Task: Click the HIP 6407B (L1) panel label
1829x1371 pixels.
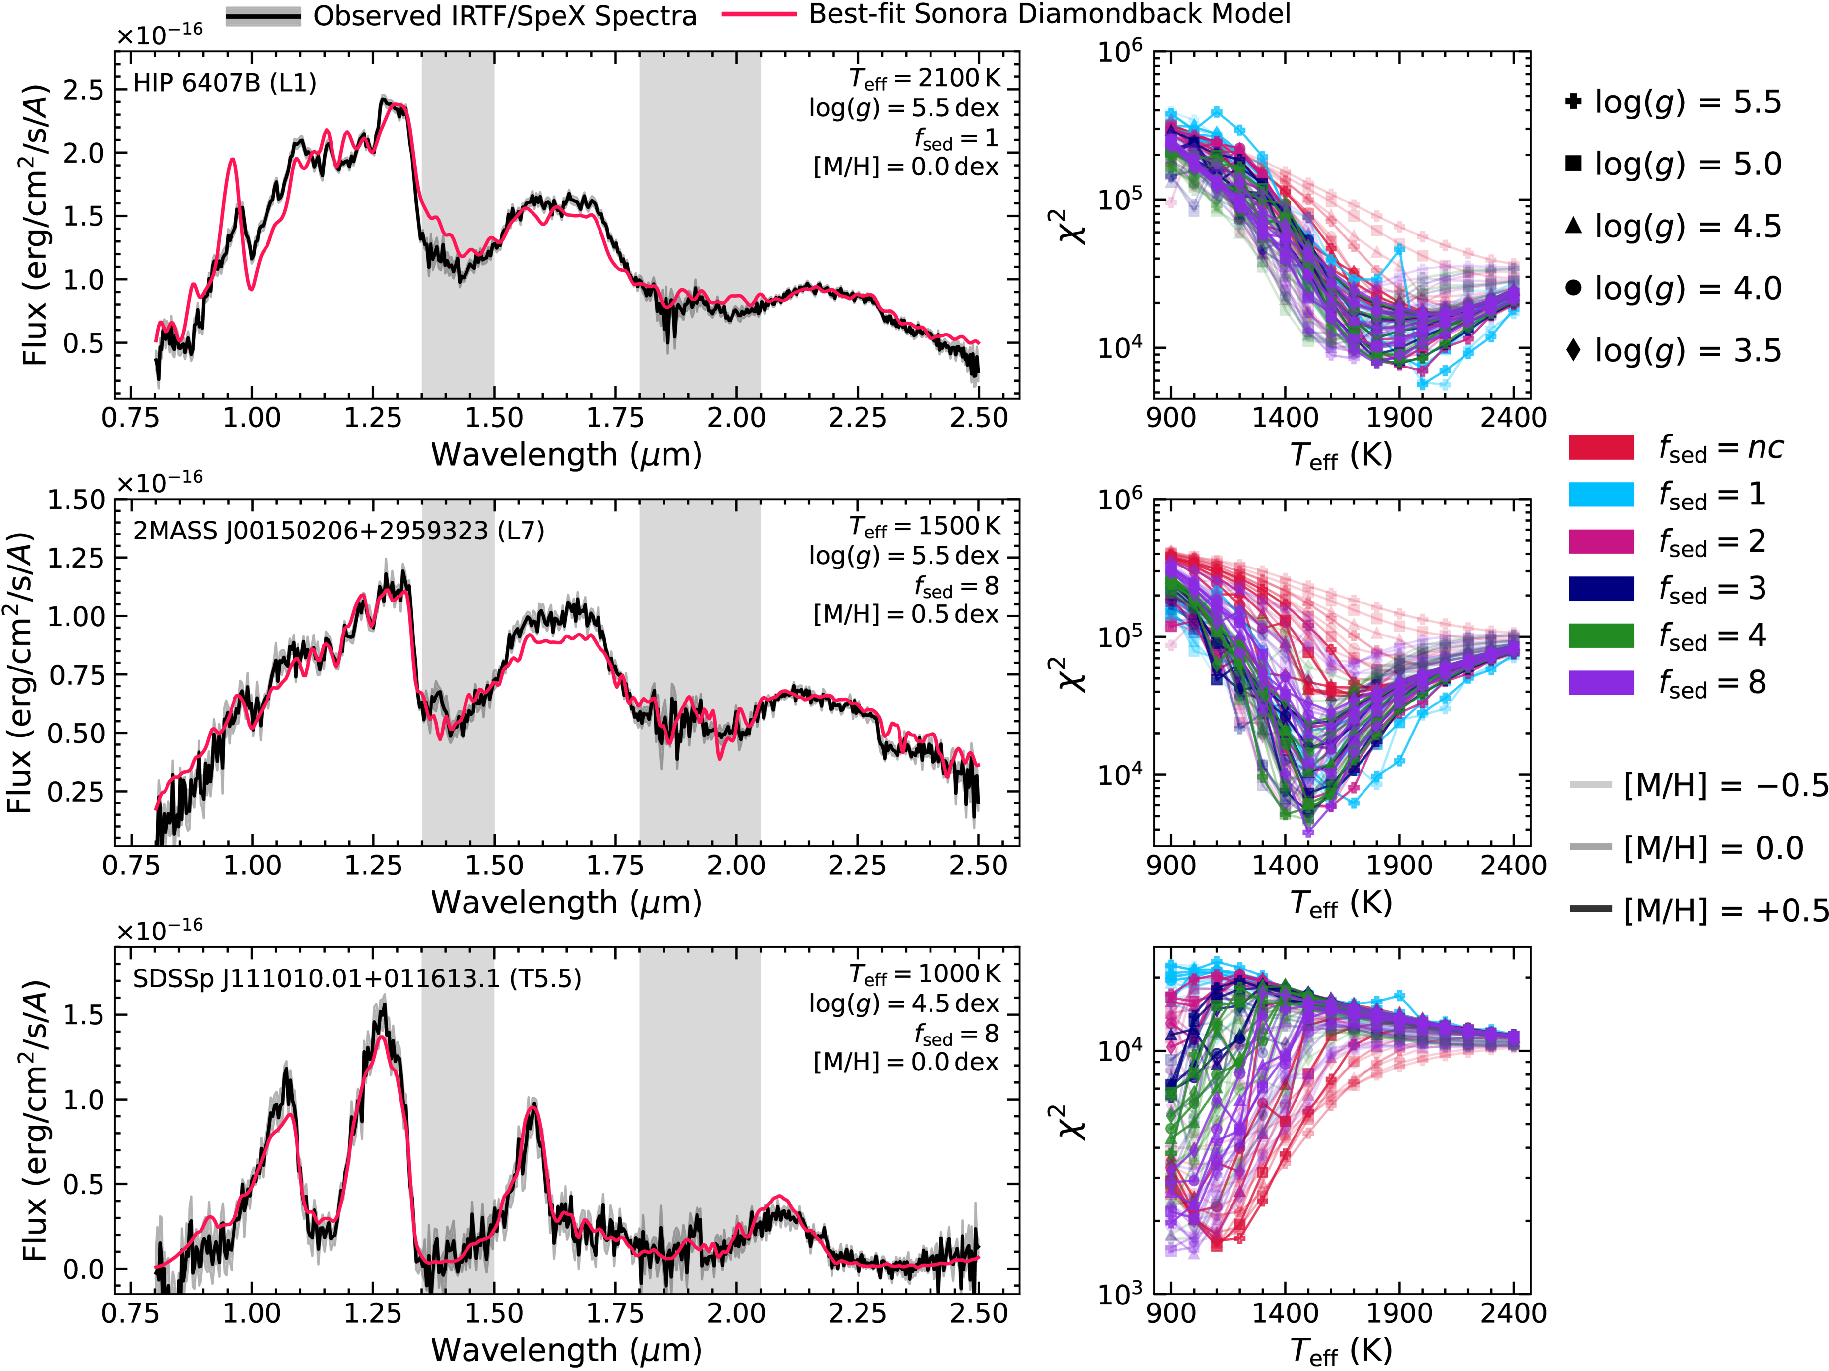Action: pyautogui.click(x=225, y=83)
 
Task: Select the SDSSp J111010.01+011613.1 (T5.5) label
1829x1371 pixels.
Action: pyautogui.click(x=357, y=978)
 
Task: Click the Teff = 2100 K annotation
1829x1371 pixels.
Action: pyautogui.click(x=925, y=78)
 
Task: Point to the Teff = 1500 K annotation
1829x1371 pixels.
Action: pyautogui.click(x=925, y=526)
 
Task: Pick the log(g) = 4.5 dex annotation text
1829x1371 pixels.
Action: pyautogui.click(x=904, y=1004)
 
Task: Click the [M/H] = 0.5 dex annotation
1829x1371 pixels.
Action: pyautogui.click(x=905, y=614)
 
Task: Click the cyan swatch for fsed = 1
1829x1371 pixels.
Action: pyautogui.click(x=1601, y=495)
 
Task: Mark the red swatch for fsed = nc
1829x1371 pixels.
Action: pyautogui.click(x=1601, y=447)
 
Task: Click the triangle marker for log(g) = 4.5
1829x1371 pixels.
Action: pyautogui.click(x=1573, y=225)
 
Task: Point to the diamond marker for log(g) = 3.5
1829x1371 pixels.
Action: pyautogui.click(x=1573, y=350)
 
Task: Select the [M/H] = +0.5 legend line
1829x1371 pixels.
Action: pyautogui.click(x=1590, y=909)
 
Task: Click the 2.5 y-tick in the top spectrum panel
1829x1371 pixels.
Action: pyautogui.click(x=84, y=89)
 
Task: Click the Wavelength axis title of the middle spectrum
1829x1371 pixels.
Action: pyautogui.click(x=566, y=902)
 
